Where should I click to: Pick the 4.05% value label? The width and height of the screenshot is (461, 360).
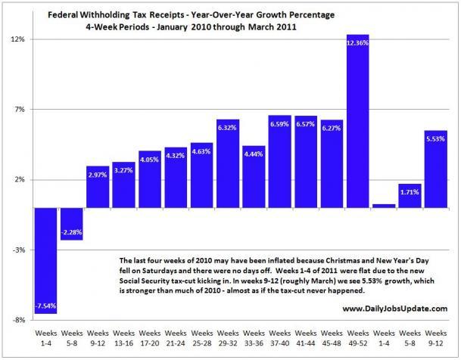(x=149, y=159)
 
